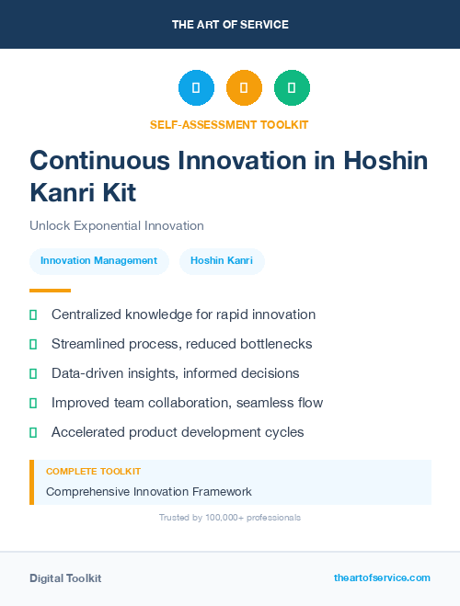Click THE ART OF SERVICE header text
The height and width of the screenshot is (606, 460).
pyautogui.click(x=230, y=25)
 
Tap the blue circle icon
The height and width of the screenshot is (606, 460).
pyautogui.click(x=196, y=88)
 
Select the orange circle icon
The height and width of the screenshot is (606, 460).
pyautogui.click(x=244, y=88)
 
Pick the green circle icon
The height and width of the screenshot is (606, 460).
pyautogui.click(x=292, y=88)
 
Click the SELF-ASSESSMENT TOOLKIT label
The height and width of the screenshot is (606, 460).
pyautogui.click(x=230, y=124)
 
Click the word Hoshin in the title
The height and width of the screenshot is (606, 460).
pyautogui.click(x=385, y=160)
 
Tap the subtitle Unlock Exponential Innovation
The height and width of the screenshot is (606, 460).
pyautogui.click(x=116, y=225)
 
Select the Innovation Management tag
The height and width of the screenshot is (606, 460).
pyautogui.click(x=98, y=261)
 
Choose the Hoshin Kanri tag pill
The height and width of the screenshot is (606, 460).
pyautogui.click(x=222, y=261)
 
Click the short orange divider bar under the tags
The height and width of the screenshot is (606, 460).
pyautogui.click(x=44, y=290)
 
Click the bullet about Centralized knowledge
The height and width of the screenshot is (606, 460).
pyautogui.click(x=183, y=314)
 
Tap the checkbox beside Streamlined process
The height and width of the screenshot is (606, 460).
pyautogui.click(x=33, y=344)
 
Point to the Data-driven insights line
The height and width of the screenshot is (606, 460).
pyautogui.click(x=175, y=373)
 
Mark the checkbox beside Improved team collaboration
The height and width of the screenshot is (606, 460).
pyautogui.click(x=33, y=403)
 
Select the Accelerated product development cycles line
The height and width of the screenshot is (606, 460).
pyautogui.click(x=177, y=432)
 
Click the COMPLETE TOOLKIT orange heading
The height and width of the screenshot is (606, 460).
pyautogui.click(x=93, y=471)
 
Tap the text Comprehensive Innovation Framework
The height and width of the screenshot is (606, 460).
pyautogui.click(x=148, y=492)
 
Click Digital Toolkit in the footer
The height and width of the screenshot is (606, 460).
pyautogui.click(x=65, y=578)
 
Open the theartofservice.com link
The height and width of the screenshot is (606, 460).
pyautogui.click(x=382, y=577)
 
